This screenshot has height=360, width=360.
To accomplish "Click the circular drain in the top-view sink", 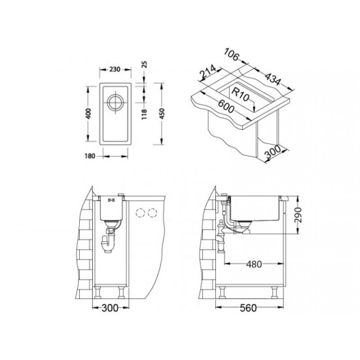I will point(116,103).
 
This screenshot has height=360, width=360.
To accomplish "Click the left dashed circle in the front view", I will point(139,211).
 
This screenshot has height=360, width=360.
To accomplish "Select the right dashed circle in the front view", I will point(154,211).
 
